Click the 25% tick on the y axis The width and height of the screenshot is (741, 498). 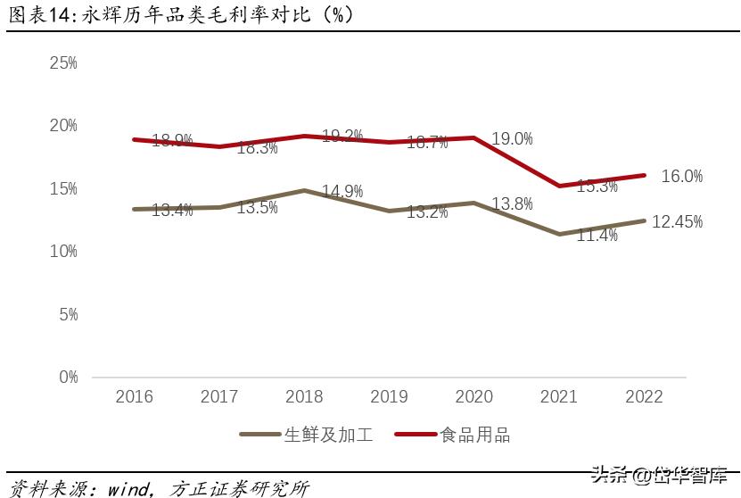click(63, 63)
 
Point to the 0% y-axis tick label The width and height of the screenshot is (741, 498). click(68, 378)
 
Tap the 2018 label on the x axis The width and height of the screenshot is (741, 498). click(304, 397)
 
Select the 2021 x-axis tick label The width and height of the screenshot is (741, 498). click(559, 397)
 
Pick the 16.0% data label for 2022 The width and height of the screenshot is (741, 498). click(681, 177)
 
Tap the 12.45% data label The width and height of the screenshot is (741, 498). click(677, 221)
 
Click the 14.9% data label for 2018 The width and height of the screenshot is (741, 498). click(342, 191)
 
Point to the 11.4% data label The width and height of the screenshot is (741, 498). click(597, 236)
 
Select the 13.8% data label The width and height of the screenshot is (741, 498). click(511, 204)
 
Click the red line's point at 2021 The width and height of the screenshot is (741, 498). click(559, 186)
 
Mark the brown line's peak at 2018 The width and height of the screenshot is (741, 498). click(304, 190)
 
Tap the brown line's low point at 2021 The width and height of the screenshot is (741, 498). click(559, 234)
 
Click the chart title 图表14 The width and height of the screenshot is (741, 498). click(39, 14)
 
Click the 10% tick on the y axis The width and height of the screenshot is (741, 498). click(63, 252)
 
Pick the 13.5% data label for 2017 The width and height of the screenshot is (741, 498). click(257, 208)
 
